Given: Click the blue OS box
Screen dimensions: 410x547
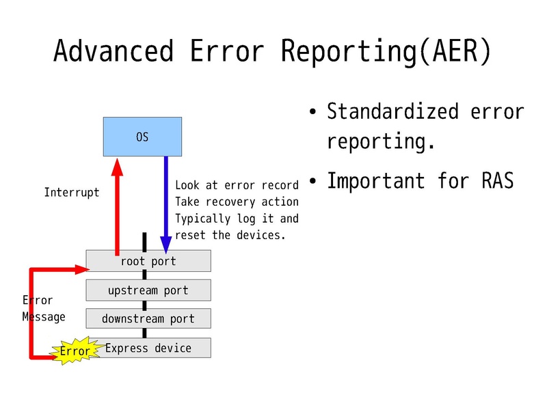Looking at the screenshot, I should [x=142, y=137].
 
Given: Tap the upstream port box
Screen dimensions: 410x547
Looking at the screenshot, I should [x=148, y=290].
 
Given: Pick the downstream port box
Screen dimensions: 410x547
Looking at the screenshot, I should [x=148, y=318].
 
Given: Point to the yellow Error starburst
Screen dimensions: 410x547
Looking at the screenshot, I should [x=75, y=351].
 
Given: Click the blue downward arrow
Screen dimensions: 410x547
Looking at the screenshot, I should [x=165, y=205].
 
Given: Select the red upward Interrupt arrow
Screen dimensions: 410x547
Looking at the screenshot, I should [x=118, y=205].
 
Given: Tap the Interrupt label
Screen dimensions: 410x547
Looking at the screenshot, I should [x=71, y=193].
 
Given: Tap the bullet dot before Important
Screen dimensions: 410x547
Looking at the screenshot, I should [x=312, y=182].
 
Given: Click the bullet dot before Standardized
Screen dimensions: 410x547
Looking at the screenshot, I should [x=312, y=112].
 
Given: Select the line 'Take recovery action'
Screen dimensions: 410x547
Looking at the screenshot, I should [x=237, y=202].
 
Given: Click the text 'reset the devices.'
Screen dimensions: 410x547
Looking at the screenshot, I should [x=230, y=235].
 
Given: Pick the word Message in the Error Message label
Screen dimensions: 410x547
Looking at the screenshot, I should [x=44, y=316].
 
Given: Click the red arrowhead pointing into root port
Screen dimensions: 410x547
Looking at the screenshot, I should [x=77, y=269].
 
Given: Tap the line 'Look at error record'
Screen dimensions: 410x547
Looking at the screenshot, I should [x=237, y=185].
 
